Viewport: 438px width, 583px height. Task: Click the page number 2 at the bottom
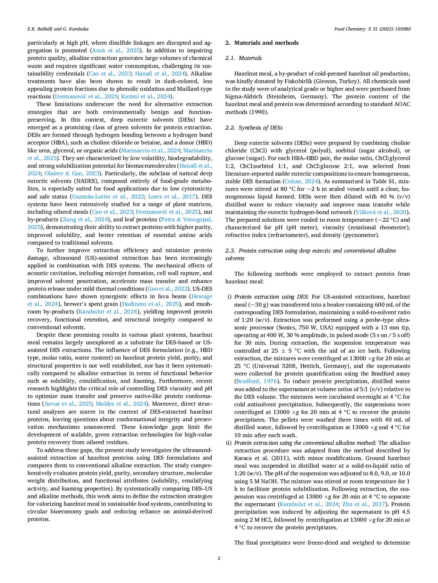[x=219, y=558]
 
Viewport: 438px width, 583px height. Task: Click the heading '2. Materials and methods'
[x=262, y=43]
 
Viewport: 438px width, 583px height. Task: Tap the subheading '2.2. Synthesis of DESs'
[x=254, y=128]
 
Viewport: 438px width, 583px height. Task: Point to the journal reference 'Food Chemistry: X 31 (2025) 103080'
[x=372, y=29]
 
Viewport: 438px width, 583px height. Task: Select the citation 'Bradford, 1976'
[x=256, y=381]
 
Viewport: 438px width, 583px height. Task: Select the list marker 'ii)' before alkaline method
[x=229, y=443]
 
